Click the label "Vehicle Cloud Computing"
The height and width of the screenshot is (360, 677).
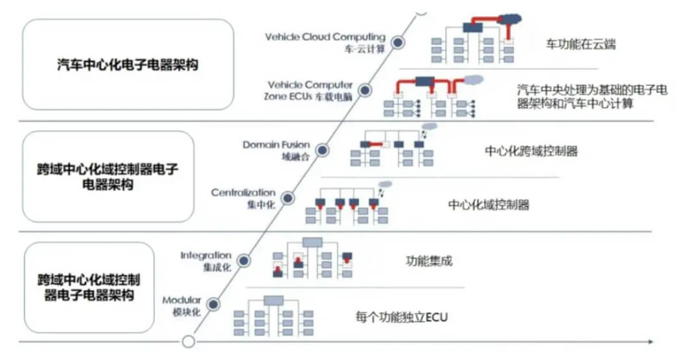point(325,37)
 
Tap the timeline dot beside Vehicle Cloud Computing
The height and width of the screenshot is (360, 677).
point(399,43)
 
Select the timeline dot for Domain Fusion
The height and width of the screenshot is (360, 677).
point(322,150)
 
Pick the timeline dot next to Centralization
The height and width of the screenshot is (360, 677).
point(288,198)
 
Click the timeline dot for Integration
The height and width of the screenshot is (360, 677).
point(244,260)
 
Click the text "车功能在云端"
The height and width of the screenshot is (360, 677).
point(580,44)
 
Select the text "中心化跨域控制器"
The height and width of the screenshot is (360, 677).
point(531,152)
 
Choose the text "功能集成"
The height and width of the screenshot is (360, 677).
point(428,262)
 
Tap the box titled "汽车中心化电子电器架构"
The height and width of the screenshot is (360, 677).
point(128,64)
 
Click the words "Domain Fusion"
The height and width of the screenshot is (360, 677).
point(277,145)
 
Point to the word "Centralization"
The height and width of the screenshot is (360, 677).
point(243,193)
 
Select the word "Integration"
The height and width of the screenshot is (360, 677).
point(206,256)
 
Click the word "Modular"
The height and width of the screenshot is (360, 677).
point(181,300)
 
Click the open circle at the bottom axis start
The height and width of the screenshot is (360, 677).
point(189,341)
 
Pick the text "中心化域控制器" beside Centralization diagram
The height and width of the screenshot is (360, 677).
point(488,205)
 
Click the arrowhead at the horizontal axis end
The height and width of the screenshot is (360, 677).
point(650,341)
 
